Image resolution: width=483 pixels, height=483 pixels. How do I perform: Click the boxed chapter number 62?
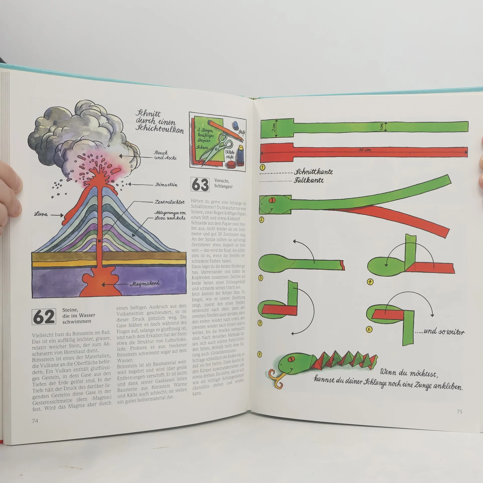[x=44, y=317]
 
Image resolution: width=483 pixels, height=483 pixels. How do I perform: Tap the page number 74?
[x=35, y=421]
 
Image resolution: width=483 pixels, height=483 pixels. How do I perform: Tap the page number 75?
[x=459, y=412]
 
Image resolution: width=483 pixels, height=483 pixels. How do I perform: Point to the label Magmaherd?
[x=145, y=284]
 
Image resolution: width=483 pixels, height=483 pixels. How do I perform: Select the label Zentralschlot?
[x=170, y=202]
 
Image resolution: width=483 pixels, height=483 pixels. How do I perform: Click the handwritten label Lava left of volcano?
[x=41, y=214]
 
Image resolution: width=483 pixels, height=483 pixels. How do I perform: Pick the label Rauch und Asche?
[x=165, y=155]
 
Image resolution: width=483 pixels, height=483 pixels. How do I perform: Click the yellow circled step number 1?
[x=262, y=167]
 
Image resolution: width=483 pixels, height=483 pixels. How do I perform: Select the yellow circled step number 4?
[x=370, y=282]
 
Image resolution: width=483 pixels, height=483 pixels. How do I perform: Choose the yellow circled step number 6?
[x=369, y=329]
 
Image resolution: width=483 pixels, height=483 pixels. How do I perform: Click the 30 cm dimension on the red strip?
[x=365, y=150]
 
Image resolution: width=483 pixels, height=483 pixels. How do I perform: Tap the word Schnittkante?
[x=313, y=172]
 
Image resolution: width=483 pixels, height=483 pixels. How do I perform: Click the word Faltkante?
[x=309, y=180]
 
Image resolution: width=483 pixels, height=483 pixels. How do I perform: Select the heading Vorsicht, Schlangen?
[x=223, y=184]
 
